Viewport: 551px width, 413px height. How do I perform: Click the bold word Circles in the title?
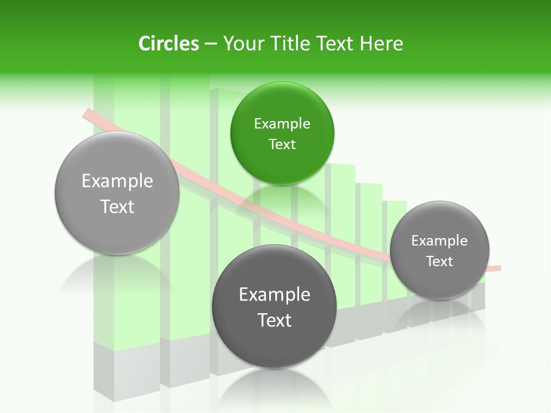(168, 44)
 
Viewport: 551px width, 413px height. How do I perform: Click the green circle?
(282, 133)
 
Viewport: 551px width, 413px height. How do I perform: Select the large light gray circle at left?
(117, 193)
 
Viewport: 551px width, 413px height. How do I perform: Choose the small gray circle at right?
(440, 250)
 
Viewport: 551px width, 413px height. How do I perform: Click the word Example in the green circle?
(282, 123)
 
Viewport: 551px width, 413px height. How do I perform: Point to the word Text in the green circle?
(282, 145)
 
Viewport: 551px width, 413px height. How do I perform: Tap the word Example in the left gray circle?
(117, 181)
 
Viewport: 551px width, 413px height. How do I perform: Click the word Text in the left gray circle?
(117, 206)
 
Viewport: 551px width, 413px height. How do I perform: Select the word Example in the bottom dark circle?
(274, 294)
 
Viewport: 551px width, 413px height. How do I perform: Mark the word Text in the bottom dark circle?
(274, 320)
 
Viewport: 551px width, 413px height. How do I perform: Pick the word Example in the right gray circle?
(440, 240)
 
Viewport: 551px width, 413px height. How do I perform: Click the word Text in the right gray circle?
(440, 262)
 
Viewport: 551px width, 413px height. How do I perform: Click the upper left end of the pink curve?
(87, 113)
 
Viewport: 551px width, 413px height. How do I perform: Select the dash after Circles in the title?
(210, 44)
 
